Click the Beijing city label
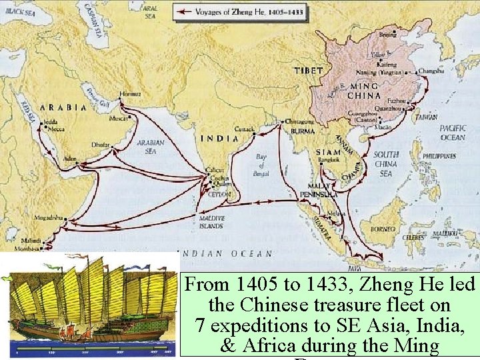pos(387,34)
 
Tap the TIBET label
pos(309,70)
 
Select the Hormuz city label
pos(130,93)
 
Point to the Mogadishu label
pos(50,217)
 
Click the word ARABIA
pos(63,107)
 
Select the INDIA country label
pos(219,139)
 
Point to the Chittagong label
pos(298,121)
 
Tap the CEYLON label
pos(219,195)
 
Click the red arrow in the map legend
pos(185,11)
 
